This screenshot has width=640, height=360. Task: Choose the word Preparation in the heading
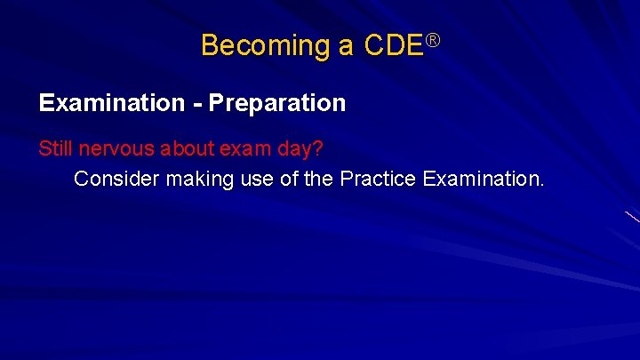[277, 104]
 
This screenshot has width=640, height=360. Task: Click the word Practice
[376, 179]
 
